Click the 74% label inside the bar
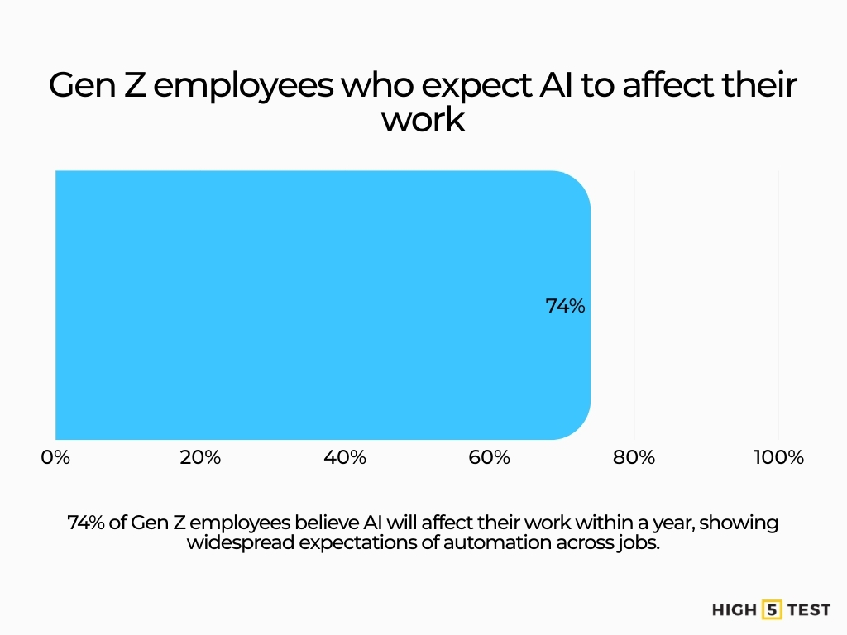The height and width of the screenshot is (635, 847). (565, 306)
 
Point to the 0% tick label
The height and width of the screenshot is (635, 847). (55, 457)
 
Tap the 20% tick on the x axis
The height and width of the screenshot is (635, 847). (200, 457)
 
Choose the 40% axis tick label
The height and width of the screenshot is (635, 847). (345, 457)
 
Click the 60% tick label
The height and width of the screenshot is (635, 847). (490, 457)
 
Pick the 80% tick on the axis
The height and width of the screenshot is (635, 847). (634, 457)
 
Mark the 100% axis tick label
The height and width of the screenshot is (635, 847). (778, 457)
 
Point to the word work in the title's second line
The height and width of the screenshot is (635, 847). (423, 121)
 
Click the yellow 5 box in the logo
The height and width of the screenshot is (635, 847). (772, 610)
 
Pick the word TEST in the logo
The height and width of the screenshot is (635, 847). (809, 610)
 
